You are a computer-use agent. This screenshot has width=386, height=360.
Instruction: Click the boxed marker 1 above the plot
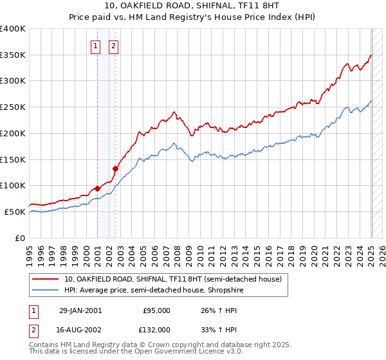(x=96, y=46)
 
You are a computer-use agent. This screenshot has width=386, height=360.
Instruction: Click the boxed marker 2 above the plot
(x=113, y=46)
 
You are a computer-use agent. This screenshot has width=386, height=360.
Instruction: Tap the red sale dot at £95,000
(x=97, y=188)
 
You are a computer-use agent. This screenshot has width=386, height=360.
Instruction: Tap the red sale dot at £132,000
(x=115, y=169)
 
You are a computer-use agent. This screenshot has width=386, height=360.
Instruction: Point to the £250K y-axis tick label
(x=12, y=107)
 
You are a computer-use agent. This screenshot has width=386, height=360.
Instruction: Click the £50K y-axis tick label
(x=15, y=212)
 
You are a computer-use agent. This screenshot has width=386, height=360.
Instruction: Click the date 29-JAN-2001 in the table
(x=80, y=310)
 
